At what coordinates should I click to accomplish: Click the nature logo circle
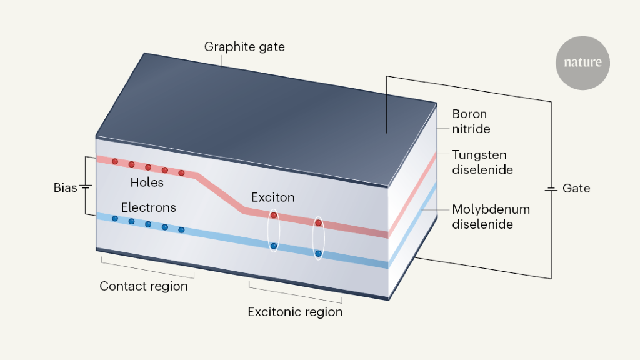582,63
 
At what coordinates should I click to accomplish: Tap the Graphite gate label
244,47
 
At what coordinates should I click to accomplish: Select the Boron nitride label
471,122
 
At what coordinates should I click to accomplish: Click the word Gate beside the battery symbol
576,188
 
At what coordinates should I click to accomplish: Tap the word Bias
66,187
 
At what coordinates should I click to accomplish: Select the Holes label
147,182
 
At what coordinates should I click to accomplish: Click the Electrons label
149,207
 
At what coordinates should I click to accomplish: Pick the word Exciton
272,197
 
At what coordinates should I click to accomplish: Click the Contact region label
144,286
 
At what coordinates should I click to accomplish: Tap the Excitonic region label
295,311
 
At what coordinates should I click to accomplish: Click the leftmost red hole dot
115,161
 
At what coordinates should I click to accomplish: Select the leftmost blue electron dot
115,218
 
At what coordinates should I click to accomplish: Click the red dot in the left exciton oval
273,216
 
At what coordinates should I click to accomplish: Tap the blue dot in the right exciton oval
318,253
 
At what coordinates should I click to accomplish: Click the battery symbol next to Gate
551,188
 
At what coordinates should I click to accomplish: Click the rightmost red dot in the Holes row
181,172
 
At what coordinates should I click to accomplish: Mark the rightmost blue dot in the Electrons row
181,230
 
